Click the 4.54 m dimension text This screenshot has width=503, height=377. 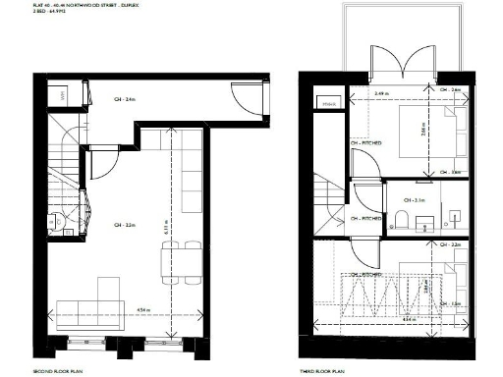click(x=143, y=310)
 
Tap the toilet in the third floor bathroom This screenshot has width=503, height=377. click(x=403, y=218)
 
